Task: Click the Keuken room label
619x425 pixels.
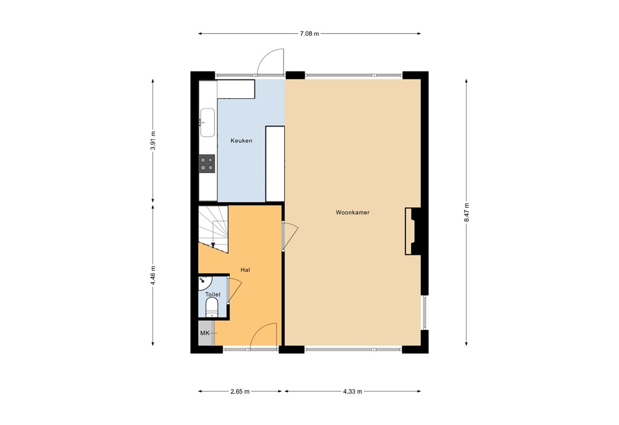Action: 241,141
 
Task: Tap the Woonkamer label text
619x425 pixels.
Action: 352,213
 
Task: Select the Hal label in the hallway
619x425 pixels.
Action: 245,270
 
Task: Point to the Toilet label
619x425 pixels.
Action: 212,295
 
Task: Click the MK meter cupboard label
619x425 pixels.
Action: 204,334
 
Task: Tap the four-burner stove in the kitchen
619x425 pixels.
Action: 207,163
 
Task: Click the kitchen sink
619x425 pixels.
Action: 207,122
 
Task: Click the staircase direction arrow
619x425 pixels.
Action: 213,244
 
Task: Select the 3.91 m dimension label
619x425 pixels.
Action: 153,141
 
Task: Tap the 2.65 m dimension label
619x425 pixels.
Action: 240,392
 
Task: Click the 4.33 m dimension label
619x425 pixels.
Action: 352,392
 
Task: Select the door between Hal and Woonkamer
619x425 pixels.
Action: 289,235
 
